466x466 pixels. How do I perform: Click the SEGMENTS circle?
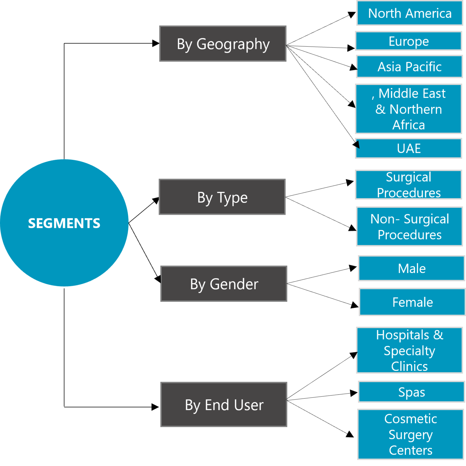point(64,223)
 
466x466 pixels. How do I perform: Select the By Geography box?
point(223,44)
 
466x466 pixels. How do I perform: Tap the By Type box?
point(222,197)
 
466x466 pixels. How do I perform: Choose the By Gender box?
point(224,284)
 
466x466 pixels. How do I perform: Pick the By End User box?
point(224,404)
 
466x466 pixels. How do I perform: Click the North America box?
point(410,13)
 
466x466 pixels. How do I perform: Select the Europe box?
point(408,41)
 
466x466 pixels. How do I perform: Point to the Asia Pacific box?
point(409,67)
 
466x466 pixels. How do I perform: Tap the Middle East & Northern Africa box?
point(408,109)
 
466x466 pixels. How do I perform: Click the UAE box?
point(408,148)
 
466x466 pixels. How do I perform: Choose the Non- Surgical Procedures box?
point(409,227)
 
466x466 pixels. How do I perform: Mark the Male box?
point(411,268)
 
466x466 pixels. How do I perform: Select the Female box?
point(412,302)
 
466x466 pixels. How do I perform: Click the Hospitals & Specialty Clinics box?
point(409,350)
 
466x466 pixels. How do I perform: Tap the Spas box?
point(411,392)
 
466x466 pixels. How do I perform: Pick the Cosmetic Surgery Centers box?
point(410,434)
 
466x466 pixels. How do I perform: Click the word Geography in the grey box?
point(233,44)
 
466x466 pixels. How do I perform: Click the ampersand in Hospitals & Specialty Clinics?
point(438,335)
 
